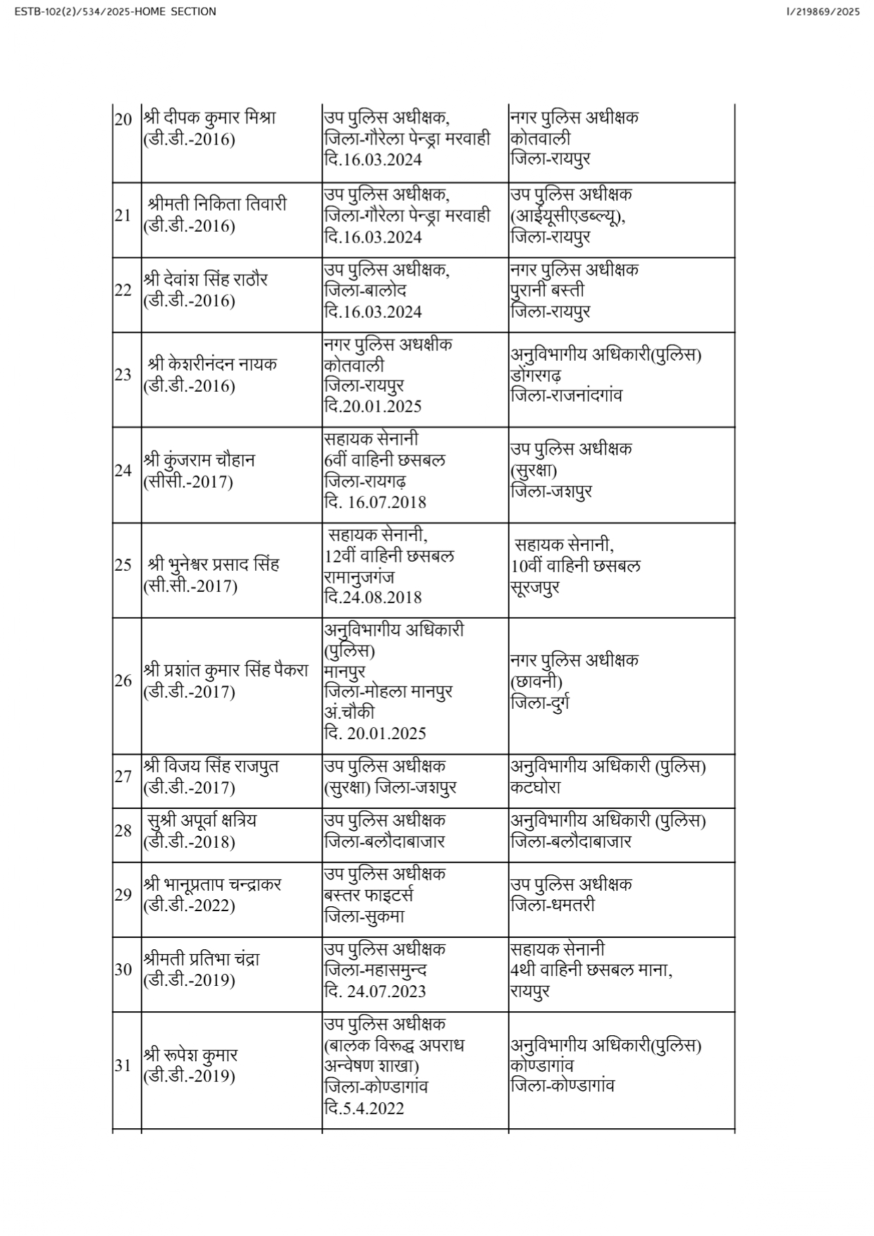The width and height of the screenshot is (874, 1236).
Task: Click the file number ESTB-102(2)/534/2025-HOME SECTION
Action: click(x=115, y=12)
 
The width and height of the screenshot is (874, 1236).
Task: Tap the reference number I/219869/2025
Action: click(x=822, y=12)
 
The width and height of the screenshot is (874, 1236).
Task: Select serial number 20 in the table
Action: click(x=123, y=119)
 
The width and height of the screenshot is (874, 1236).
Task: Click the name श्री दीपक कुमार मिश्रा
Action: click(x=209, y=118)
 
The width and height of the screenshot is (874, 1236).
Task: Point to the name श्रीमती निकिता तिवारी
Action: click(x=217, y=204)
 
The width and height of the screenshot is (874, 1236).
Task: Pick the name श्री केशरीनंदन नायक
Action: click(x=212, y=364)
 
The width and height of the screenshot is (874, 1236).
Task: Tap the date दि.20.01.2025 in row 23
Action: click(x=373, y=407)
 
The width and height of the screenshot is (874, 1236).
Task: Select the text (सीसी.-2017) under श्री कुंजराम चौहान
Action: click(x=188, y=482)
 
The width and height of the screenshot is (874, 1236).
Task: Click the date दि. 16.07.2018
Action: click(x=375, y=502)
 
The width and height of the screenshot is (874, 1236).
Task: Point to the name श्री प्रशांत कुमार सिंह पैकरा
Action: click(x=226, y=669)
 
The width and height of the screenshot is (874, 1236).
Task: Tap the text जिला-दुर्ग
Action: click(x=541, y=703)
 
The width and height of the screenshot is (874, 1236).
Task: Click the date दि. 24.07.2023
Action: click(x=375, y=991)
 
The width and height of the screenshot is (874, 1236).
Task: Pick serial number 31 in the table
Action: click(x=123, y=1065)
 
